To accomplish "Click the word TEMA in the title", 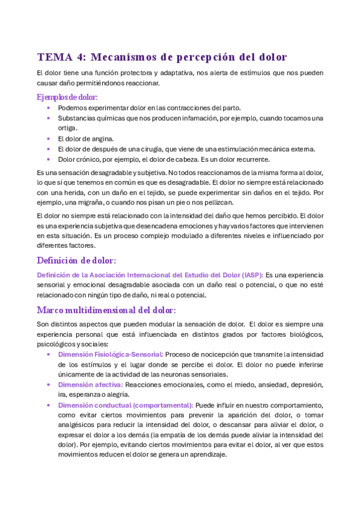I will [52, 58].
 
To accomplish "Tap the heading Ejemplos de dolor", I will [67, 97].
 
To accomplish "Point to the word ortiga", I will [68, 128].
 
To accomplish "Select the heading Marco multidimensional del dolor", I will [106, 310].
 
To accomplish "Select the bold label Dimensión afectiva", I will [90, 384].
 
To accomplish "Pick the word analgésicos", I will [78, 425].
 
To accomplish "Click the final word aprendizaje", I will [206, 455].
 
